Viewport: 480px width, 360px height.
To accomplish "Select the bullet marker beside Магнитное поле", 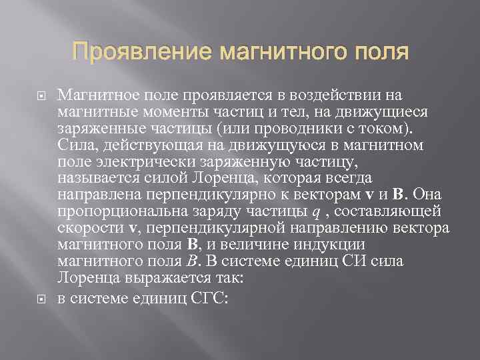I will (39, 97).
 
